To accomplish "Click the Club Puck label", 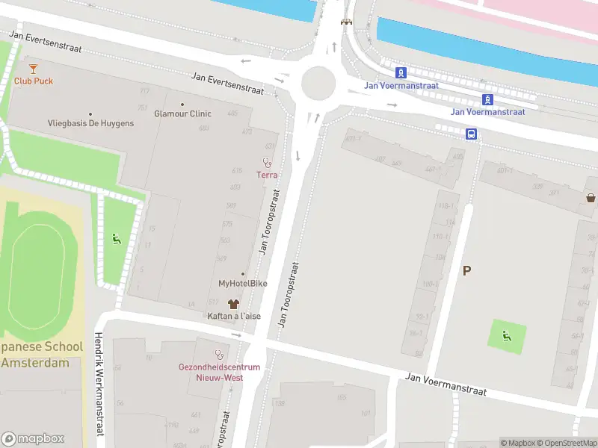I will point(34,81).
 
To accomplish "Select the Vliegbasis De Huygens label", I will point(90,123).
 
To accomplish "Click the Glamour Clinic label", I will point(182,114).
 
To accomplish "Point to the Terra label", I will point(267,175).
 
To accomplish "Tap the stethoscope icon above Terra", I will point(267,162).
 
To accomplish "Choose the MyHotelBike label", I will point(242,284).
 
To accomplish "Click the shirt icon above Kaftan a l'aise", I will point(234,304).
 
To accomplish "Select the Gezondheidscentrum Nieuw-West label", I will point(219,372).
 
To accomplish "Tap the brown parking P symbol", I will point(467,271).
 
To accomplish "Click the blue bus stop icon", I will point(472,134).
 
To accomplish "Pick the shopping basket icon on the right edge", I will point(591,198).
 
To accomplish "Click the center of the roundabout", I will point(318,83).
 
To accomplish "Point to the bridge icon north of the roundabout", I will point(345,22).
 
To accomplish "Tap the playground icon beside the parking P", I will point(507,336).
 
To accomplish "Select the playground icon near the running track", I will point(116,239).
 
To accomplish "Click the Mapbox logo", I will point(33,439).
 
